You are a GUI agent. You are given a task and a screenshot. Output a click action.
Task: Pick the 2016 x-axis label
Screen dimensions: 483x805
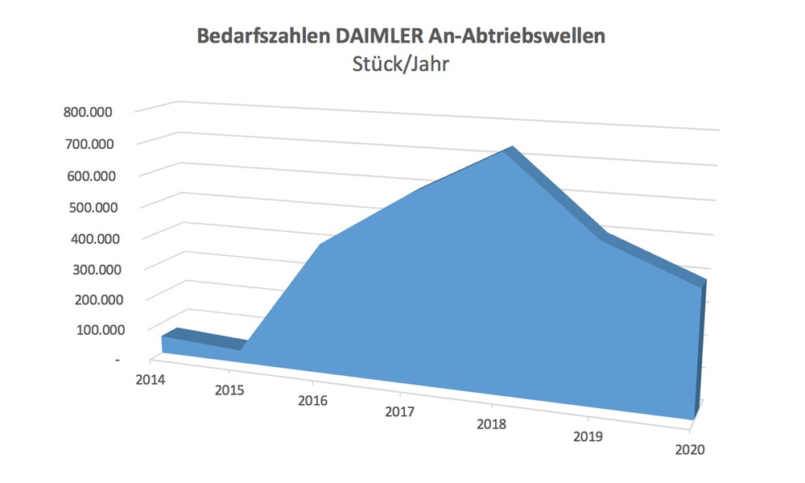click(312, 402)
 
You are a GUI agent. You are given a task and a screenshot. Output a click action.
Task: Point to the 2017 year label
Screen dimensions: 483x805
click(399, 413)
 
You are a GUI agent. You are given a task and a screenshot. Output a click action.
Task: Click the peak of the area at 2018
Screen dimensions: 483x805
click(509, 150)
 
